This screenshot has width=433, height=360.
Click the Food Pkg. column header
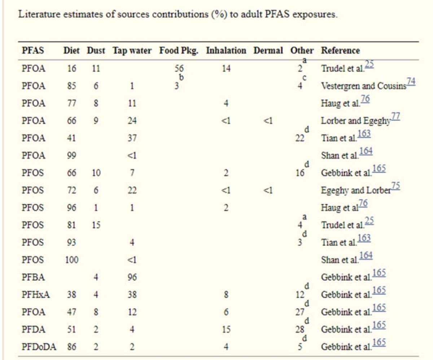point(179,51)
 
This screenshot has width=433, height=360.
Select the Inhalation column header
point(226,51)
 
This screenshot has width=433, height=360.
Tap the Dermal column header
point(268,51)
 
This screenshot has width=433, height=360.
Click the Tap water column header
point(132,51)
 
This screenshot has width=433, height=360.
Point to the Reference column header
point(340,51)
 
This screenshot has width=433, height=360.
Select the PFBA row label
point(33,277)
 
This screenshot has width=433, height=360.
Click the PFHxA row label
point(35,295)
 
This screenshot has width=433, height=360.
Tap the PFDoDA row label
point(38,347)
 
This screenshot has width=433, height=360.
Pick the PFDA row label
point(33,329)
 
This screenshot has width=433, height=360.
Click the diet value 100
point(71,260)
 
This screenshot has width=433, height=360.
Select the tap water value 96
point(132,277)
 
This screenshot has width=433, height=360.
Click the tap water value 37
point(132,138)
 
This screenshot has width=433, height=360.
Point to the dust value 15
point(96,225)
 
